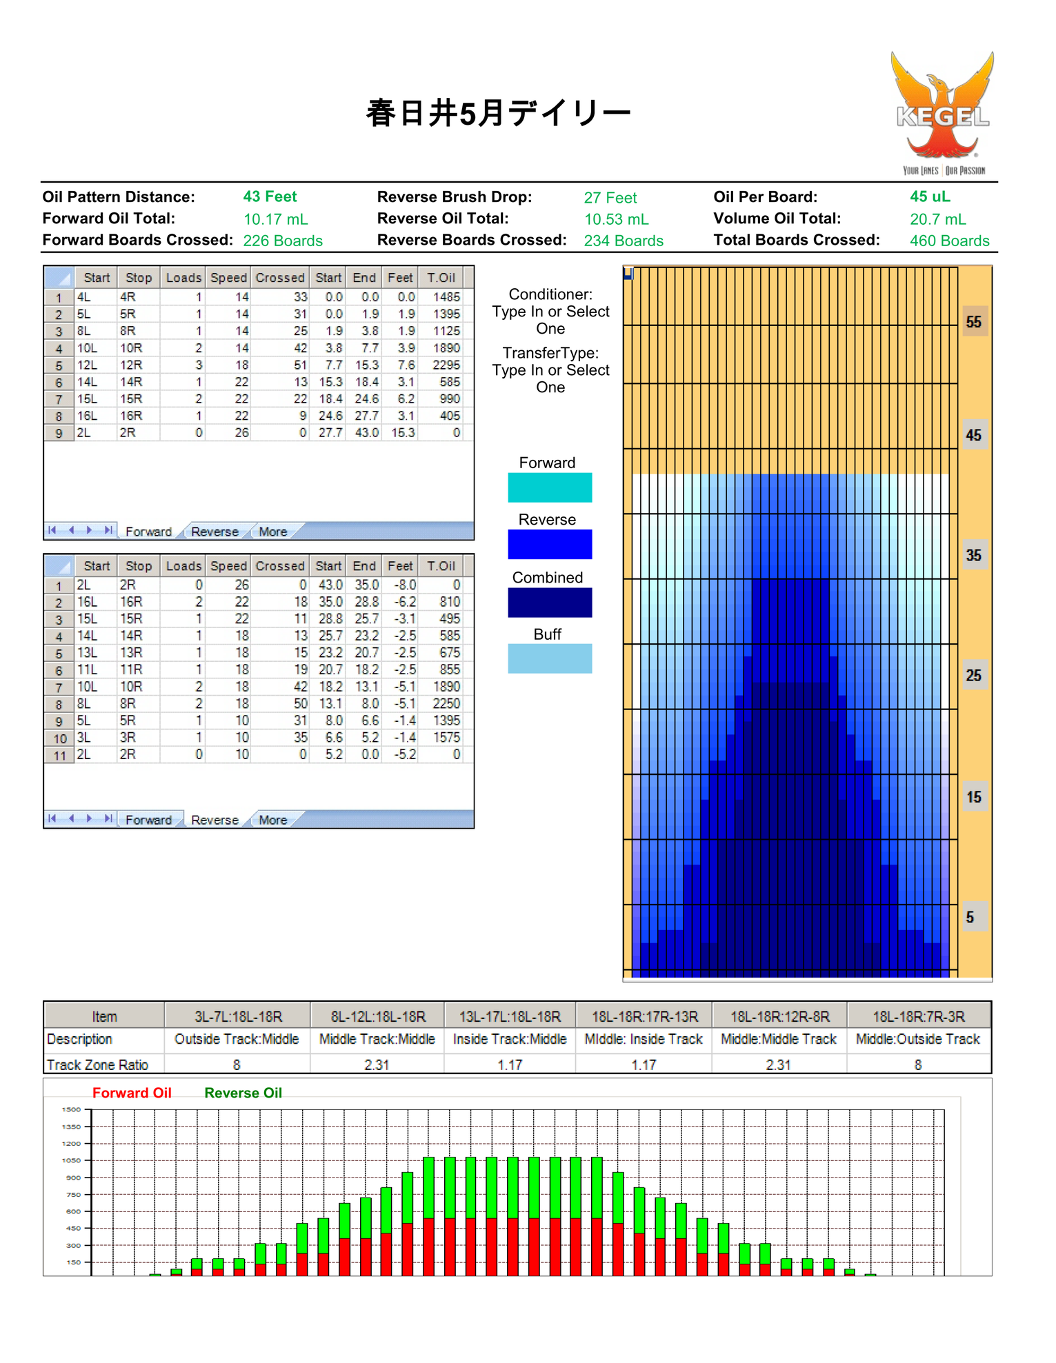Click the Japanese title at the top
click(x=499, y=113)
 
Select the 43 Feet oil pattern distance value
click(x=270, y=196)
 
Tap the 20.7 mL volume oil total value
click(x=938, y=219)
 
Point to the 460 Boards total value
click(x=950, y=241)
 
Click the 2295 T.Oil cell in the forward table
click(x=446, y=365)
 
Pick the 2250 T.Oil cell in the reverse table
click(x=446, y=703)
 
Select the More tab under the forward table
click(x=273, y=532)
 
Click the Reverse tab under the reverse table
click(x=215, y=820)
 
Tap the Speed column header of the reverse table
click(x=228, y=566)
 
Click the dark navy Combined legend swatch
click(x=550, y=602)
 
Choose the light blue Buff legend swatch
click(x=550, y=658)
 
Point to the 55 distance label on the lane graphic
click(x=974, y=322)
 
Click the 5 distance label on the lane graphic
click(x=970, y=917)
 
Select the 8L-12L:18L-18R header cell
click(x=378, y=1016)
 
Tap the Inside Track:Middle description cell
click(x=510, y=1039)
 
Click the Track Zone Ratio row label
click(x=97, y=1064)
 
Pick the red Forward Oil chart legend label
click(x=132, y=1093)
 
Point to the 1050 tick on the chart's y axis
click(x=72, y=1160)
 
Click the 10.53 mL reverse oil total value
click(x=617, y=219)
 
